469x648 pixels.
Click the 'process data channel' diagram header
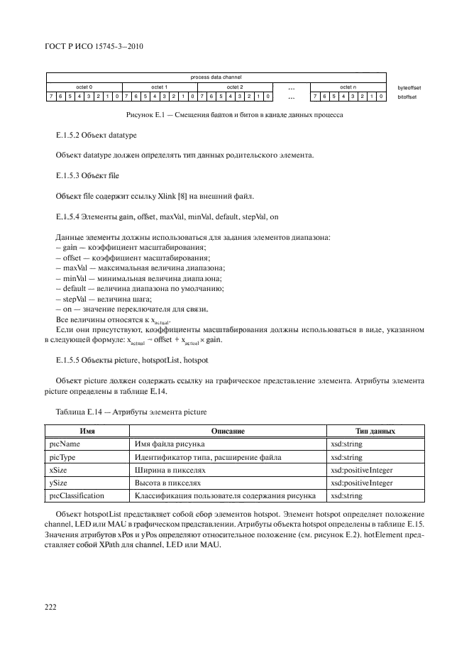pos(216,77)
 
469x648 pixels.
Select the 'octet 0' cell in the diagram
pos(84,87)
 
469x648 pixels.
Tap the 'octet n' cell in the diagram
pos(348,87)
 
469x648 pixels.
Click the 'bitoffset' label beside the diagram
pos(408,97)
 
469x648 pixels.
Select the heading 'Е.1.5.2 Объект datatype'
pos(95,135)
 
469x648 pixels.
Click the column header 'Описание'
pos(228,432)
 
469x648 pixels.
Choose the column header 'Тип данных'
pos(375,432)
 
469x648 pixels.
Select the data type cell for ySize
pos(361,483)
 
